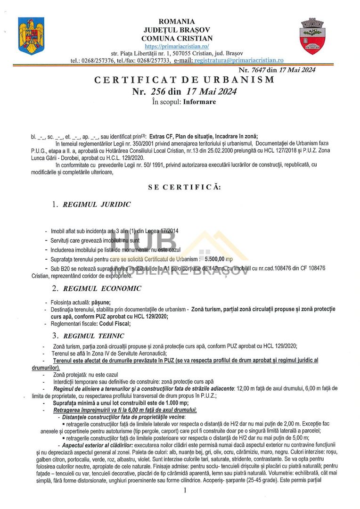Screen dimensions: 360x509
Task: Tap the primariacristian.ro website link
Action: tap(177, 46)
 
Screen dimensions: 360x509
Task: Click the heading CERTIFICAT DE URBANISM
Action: tap(184, 80)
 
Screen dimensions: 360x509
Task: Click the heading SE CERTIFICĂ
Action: tap(184, 187)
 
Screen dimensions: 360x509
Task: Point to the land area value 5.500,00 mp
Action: tap(219, 259)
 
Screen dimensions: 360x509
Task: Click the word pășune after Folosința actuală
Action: tap(100, 302)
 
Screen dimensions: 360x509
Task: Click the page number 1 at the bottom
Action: tap(185, 491)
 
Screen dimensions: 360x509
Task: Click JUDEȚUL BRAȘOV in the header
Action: tap(177, 30)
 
